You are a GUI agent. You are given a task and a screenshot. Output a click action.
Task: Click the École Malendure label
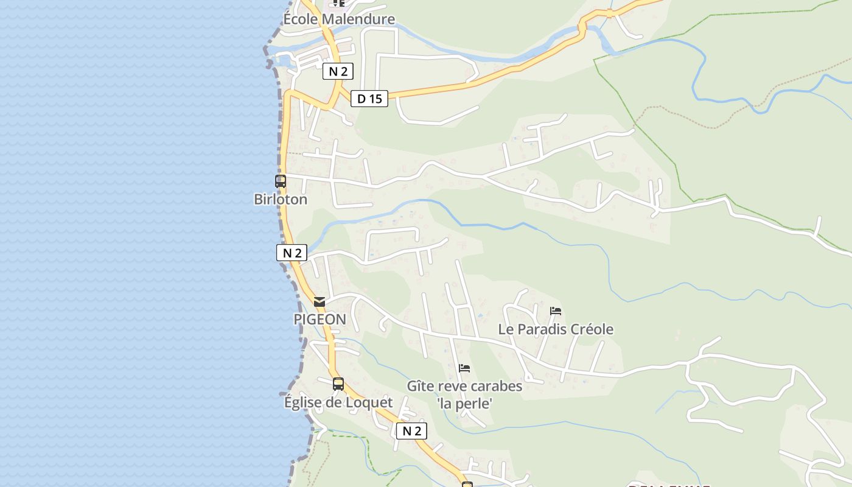click(339, 19)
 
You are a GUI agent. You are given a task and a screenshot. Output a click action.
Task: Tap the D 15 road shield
click(369, 99)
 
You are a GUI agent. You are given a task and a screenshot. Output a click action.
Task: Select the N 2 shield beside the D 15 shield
click(338, 71)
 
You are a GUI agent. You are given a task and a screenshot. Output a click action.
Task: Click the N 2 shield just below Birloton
click(292, 253)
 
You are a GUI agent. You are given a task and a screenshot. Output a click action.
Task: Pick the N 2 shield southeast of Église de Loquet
click(411, 431)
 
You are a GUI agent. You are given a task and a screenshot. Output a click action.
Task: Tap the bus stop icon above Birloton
click(280, 181)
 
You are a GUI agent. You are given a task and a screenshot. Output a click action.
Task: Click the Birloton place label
click(281, 199)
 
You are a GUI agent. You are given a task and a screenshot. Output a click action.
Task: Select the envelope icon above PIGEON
click(319, 301)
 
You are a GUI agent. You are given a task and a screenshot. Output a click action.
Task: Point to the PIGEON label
click(319, 319)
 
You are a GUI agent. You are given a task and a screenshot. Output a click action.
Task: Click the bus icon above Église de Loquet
click(338, 384)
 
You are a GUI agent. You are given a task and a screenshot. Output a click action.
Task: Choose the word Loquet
click(369, 402)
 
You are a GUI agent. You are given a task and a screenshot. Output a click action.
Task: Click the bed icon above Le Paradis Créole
click(555, 311)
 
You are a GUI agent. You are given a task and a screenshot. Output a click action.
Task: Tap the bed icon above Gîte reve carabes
click(464, 368)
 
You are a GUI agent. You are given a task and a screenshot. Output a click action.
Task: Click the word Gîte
click(420, 387)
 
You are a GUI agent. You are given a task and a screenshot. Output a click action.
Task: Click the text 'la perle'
click(464, 403)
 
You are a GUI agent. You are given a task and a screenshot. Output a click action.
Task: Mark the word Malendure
click(358, 19)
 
